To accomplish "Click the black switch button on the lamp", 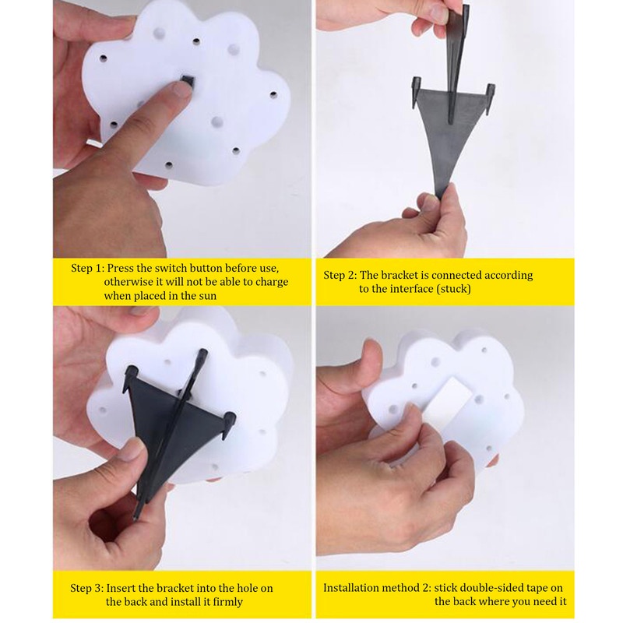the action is coord(188,81).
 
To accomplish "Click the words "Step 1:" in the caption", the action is coord(87,268).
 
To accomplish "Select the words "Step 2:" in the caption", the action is coord(340,275).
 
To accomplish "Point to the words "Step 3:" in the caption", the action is coord(87,588).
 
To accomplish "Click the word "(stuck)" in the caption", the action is coord(454,289).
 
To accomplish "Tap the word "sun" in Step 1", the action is coord(207,296).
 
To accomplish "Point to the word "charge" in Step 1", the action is coord(272,282).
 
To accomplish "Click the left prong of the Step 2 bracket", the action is coord(415,92).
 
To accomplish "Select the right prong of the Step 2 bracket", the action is coord(491,98).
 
